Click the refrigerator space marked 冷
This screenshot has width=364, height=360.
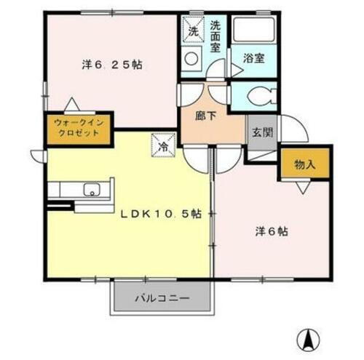tap(163, 145)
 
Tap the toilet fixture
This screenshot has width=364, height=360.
tap(260, 95)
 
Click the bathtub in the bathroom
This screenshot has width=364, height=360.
tap(254, 31)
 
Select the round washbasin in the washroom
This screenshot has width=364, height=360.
tap(193, 57)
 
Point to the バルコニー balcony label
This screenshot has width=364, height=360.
tap(162, 298)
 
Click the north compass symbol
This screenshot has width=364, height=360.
tap(309, 338)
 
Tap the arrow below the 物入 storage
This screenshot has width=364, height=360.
tap(301, 187)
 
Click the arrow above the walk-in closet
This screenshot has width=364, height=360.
tap(71, 105)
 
